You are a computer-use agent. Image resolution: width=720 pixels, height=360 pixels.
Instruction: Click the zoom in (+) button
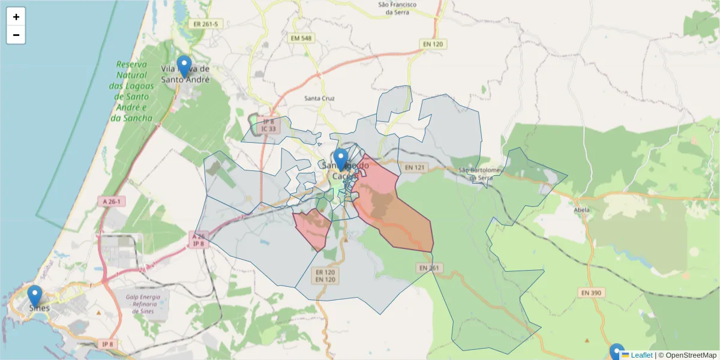click(16, 17)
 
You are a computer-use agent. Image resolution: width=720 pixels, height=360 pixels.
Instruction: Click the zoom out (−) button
click(16, 35)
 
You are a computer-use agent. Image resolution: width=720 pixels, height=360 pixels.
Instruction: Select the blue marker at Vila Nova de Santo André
click(184, 67)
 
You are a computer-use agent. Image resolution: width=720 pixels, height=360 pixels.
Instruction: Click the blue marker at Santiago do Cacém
click(341, 160)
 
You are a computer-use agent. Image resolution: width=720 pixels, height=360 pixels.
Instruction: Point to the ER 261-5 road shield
click(205, 24)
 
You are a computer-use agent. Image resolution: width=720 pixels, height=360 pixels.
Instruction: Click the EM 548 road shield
click(301, 38)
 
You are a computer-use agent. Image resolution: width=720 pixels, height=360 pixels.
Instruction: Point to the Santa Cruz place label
click(319, 98)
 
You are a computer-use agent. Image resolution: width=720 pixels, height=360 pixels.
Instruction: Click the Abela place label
click(581, 210)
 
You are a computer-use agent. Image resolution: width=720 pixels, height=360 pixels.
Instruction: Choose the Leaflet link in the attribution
click(641, 355)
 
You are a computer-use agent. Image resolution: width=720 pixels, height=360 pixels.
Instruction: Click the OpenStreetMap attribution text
click(691, 355)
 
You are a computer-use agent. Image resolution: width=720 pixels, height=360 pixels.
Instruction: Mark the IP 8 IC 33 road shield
click(269, 125)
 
